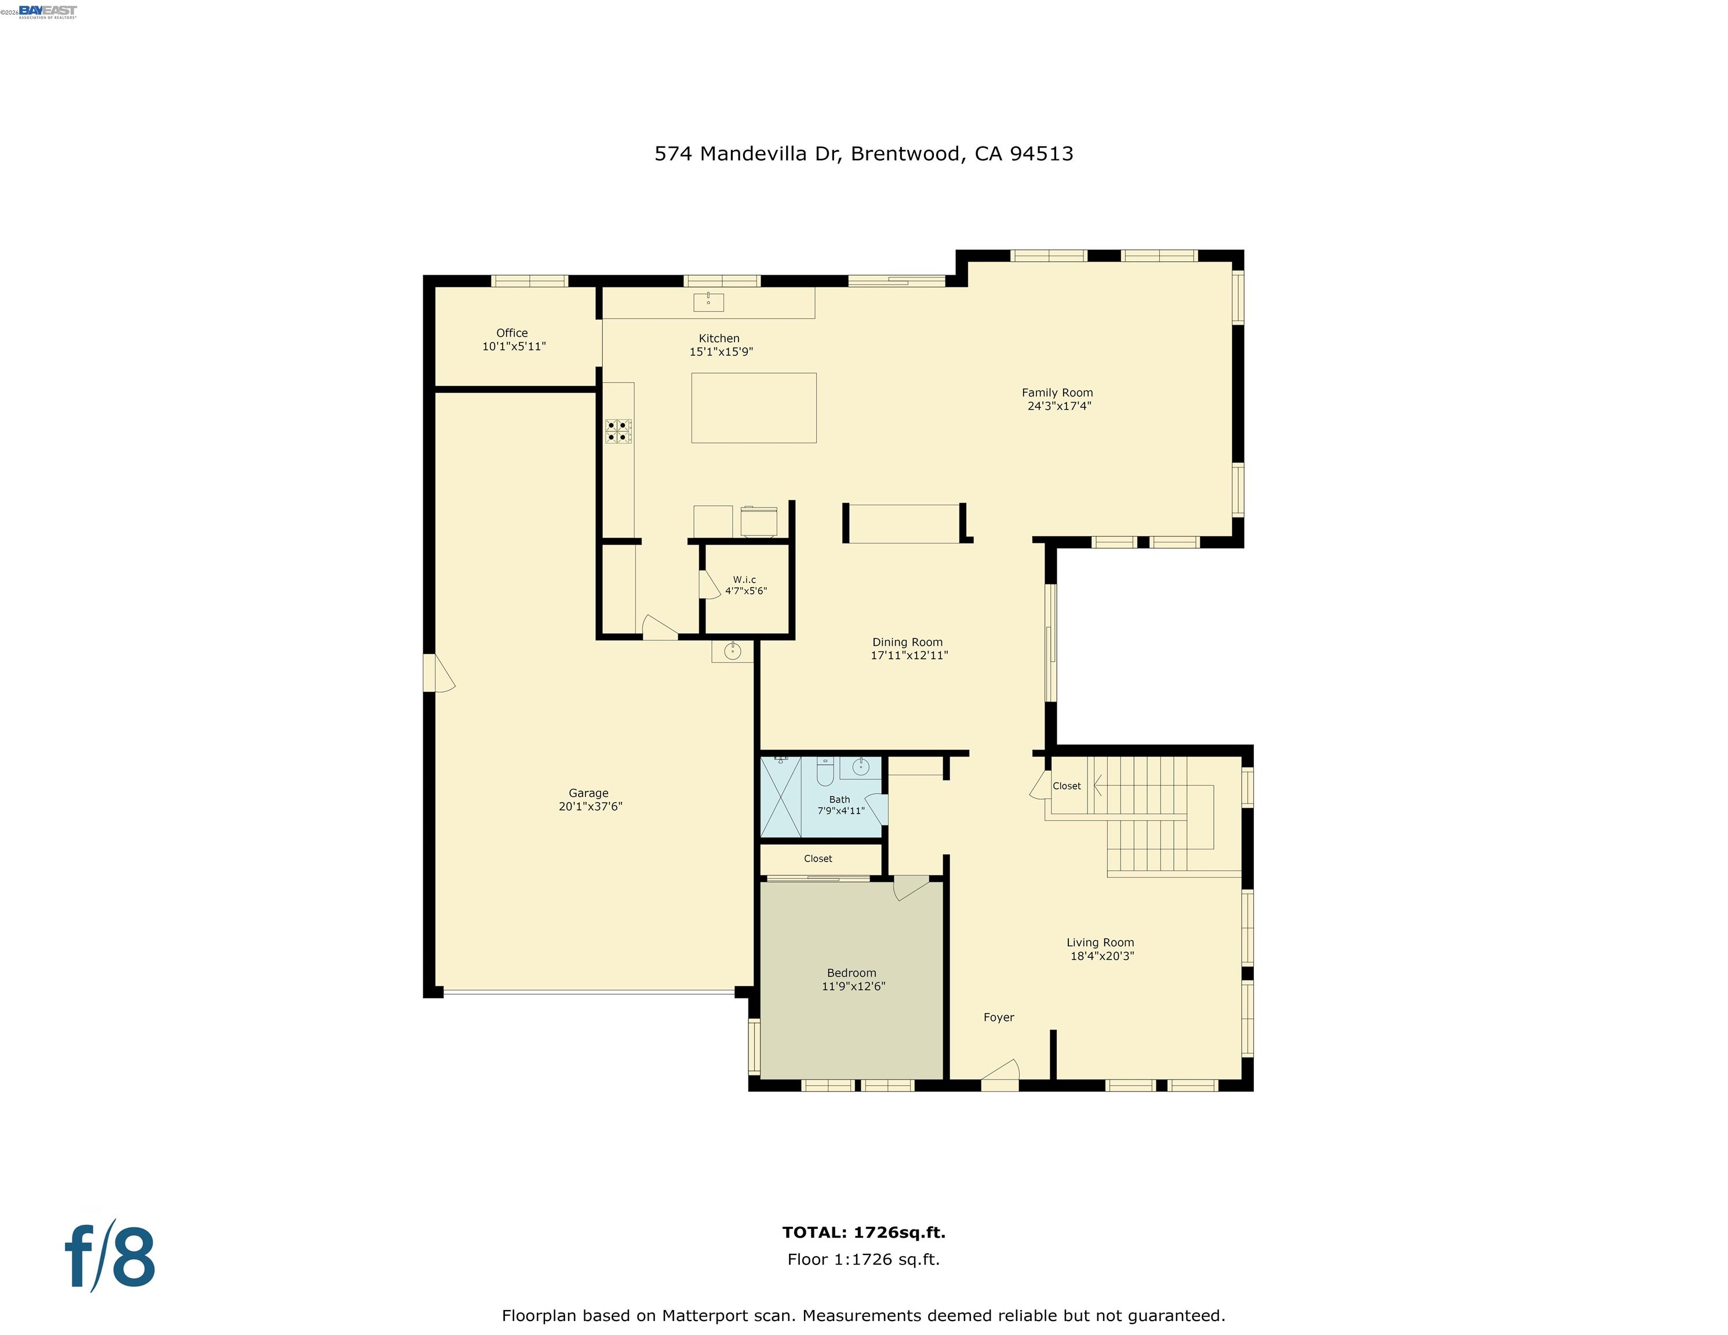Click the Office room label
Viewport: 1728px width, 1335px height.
(x=512, y=333)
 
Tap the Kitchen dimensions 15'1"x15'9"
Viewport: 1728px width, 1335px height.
(x=721, y=352)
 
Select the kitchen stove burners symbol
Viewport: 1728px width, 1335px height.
(x=619, y=431)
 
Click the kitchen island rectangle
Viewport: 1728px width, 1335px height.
(x=754, y=408)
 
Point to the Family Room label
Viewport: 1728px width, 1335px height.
(x=1057, y=392)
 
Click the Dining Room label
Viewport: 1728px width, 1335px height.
(x=908, y=642)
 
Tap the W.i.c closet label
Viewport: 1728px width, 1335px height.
(x=744, y=579)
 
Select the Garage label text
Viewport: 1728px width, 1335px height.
(x=589, y=793)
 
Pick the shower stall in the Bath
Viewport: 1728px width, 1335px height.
(x=781, y=796)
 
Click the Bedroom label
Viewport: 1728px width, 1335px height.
(x=852, y=973)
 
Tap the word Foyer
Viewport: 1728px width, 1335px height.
(x=999, y=1017)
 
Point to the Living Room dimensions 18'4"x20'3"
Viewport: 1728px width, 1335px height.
(x=1102, y=955)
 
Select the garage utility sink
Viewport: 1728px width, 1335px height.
(x=733, y=651)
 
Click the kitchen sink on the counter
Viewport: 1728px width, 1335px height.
(x=708, y=301)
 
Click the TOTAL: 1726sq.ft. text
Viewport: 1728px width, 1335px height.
(x=864, y=1232)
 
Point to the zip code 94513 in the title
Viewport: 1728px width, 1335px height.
(x=1042, y=154)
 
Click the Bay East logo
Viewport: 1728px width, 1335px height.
(x=48, y=11)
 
